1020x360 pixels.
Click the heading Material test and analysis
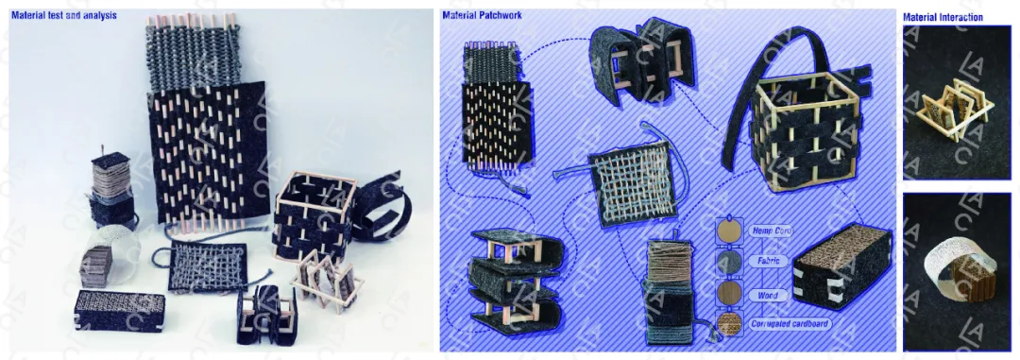coord(64,14)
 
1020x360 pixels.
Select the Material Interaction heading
coord(943,18)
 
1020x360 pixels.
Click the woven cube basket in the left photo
coord(314,214)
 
